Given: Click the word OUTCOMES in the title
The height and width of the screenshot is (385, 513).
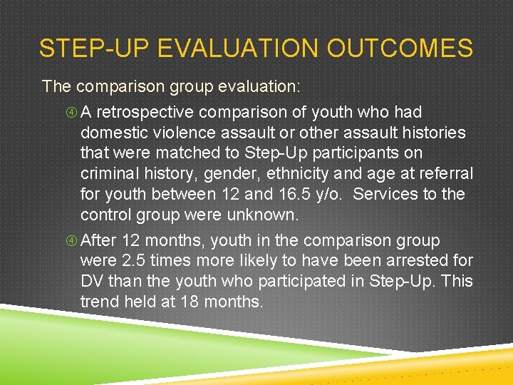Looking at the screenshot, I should click(x=400, y=48).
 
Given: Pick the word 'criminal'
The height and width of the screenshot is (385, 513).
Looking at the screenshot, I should click(x=109, y=174).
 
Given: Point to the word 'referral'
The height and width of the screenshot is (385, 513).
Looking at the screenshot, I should click(x=446, y=174).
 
